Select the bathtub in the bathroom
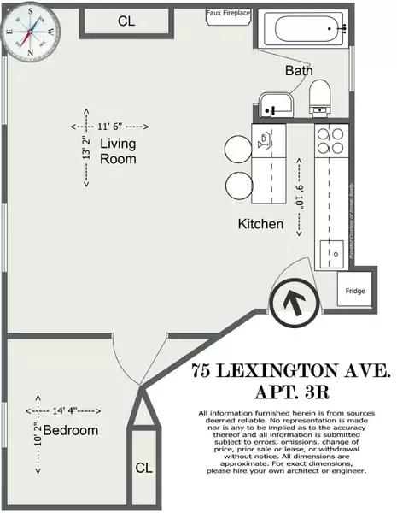[304, 31]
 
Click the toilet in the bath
[320, 96]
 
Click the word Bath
[299, 70]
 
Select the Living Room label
[118, 150]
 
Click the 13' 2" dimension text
[86, 147]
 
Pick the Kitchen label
[260, 224]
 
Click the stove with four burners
[329, 140]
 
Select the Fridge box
[354, 292]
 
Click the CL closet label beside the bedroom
[144, 469]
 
